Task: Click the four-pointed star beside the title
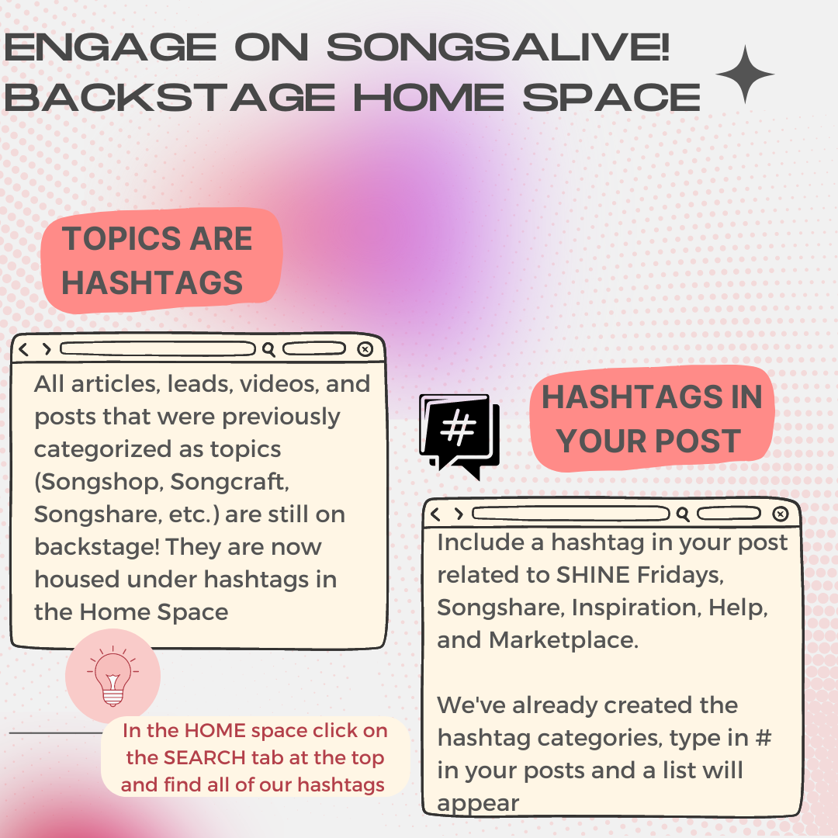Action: (x=744, y=74)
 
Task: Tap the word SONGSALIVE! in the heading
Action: (x=497, y=47)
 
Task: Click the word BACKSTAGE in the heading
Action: (x=170, y=98)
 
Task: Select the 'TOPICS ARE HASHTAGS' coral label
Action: (x=161, y=260)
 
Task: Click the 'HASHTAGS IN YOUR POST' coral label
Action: (x=652, y=418)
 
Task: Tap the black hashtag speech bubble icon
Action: (x=459, y=435)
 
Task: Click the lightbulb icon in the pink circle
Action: (x=113, y=676)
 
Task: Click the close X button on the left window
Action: (x=365, y=349)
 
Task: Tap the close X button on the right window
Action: (x=781, y=514)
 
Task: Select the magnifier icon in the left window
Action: (x=268, y=349)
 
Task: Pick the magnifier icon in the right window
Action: (x=683, y=514)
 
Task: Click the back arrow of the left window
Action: (x=23, y=349)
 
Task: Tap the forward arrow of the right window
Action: (x=459, y=514)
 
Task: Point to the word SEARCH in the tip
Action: (x=205, y=757)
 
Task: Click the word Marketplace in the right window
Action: (x=563, y=639)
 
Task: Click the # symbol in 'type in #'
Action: (x=764, y=738)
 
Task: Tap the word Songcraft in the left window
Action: (x=229, y=482)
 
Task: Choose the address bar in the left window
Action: (x=158, y=349)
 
